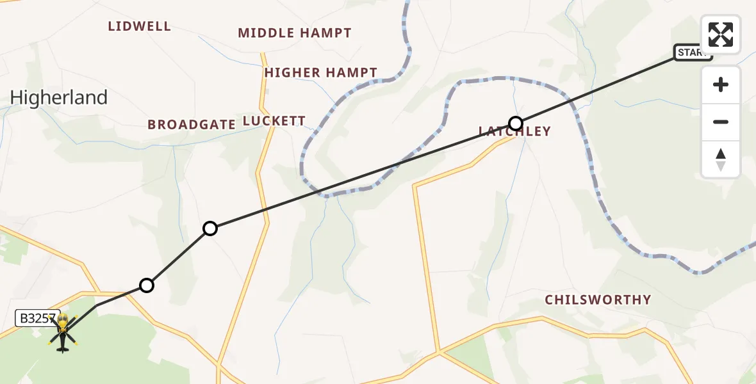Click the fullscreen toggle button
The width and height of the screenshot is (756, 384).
tap(721, 35)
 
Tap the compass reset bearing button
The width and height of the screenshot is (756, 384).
tap(721, 159)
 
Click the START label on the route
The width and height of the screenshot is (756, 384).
tap(692, 53)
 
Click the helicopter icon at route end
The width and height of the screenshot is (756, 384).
tap(63, 332)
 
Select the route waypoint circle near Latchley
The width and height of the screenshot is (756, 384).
tap(516, 123)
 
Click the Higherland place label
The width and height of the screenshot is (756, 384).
tap(59, 98)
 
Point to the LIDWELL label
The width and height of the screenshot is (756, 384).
tap(139, 26)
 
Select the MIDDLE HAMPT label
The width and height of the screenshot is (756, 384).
tap(295, 33)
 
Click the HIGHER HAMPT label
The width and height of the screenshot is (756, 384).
tap(321, 73)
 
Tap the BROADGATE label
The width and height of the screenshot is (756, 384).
tap(192, 124)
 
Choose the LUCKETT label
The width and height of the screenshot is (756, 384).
tap(274, 121)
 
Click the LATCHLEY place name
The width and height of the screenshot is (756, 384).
tap(514, 132)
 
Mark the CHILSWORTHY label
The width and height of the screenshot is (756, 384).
tap(598, 300)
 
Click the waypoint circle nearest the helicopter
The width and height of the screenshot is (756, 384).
tap(147, 285)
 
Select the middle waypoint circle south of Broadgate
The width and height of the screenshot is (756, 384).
tap(210, 228)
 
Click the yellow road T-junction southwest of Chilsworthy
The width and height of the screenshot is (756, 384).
tap(440, 351)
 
